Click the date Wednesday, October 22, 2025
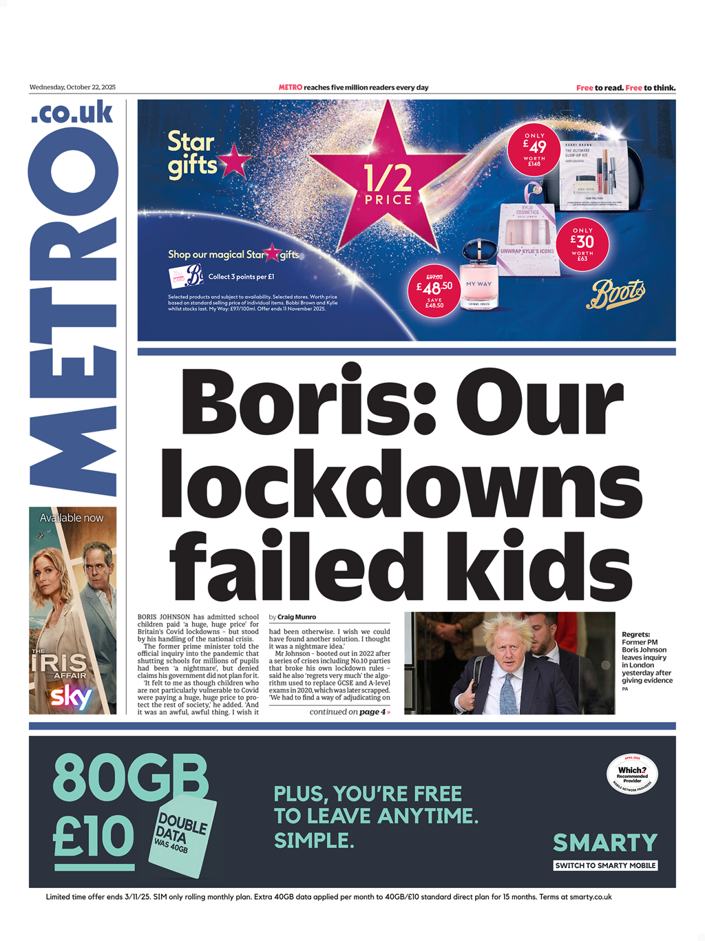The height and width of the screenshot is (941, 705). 72,87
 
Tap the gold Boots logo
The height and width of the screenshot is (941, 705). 615,294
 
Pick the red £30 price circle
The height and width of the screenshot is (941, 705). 582,244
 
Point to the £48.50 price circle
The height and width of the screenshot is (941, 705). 434,290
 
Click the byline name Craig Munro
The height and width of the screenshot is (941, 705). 297,617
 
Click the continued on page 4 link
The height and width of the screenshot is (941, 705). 350,712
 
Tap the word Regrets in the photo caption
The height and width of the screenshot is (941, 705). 635,635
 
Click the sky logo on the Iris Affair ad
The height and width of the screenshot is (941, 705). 72,697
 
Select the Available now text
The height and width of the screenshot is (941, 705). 72,518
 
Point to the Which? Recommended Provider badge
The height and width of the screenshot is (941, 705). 632,774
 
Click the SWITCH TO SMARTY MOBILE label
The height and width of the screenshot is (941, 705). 605,865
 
